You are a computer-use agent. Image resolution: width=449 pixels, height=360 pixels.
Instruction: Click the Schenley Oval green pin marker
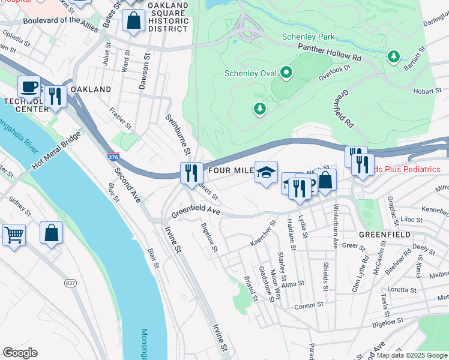[x=286, y=73]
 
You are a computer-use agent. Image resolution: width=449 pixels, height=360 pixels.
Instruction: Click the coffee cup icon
[x=28, y=87]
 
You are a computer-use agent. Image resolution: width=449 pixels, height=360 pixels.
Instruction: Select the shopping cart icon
[x=14, y=234]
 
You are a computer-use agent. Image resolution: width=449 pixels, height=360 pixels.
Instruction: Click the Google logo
[x=20, y=353]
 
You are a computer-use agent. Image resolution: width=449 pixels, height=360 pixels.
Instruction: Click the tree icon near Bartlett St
[x=394, y=56]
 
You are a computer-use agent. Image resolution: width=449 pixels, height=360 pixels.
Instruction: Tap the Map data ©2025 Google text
[x=412, y=355]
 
